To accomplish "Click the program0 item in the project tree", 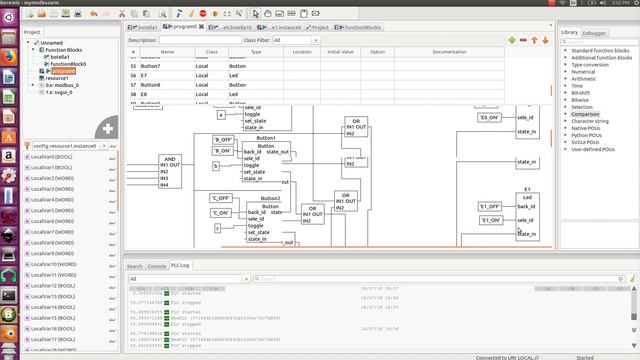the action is point(62,71).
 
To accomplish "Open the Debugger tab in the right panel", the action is point(595,33).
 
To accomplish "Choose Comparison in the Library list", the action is point(586,114).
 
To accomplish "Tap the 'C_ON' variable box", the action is point(220,213).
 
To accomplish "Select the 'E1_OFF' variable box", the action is point(489,206).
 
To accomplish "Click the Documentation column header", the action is point(449,51).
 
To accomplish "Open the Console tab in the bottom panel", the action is point(157,266).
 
